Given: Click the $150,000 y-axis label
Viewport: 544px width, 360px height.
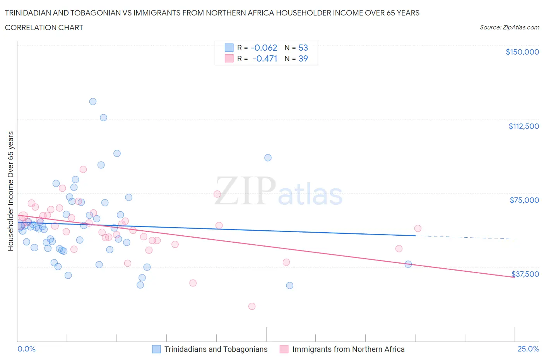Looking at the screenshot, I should (522, 52).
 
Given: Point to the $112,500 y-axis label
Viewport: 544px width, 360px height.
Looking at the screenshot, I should (523, 126).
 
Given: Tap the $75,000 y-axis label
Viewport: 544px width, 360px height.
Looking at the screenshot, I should (524, 200).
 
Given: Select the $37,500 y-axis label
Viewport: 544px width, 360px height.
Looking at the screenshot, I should (525, 274).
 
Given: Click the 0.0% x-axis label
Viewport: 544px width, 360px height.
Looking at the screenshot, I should (26, 349).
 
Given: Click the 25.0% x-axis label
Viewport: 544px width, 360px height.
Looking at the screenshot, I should (528, 349).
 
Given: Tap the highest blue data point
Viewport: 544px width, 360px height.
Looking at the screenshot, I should (93, 102).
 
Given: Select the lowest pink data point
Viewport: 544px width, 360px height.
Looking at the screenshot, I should (252, 306).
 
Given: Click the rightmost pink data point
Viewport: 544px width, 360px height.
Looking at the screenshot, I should (418, 228).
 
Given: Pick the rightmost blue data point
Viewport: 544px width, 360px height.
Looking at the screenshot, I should (408, 264).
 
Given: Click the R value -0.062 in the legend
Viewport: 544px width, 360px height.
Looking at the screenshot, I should (264, 48).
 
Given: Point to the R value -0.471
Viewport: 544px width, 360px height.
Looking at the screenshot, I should (265, 59).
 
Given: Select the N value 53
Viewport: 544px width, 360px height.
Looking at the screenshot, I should (303, 48).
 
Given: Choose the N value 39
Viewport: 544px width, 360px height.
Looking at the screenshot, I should (303, 59).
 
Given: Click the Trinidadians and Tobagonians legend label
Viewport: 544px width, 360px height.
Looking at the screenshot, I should (216, 349).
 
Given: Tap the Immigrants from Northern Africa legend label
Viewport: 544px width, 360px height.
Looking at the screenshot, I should (348, 349).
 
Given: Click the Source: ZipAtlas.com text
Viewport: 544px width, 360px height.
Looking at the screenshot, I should (509, 27).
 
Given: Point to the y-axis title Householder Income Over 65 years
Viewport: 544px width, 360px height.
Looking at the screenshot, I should (11, 191).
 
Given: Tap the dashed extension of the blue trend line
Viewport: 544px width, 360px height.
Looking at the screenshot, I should (464, 237).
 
